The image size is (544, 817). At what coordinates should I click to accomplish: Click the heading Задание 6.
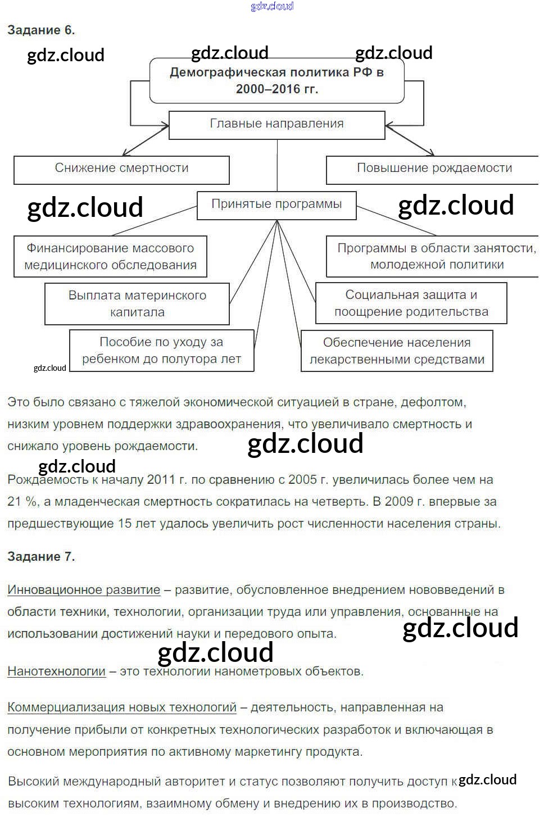click(41, 30)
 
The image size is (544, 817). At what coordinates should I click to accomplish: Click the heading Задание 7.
click(41, 556)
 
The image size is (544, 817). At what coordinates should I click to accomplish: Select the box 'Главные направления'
click(276, 124)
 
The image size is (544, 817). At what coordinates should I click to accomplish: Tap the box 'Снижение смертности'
click(121, 169)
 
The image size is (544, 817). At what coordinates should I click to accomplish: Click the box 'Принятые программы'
click(276, 205)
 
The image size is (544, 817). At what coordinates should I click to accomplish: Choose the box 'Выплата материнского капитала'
click(137, 303)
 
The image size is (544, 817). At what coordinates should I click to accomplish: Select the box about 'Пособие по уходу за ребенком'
click(161, 350)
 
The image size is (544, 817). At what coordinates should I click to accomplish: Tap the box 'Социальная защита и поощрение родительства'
click(411, 303)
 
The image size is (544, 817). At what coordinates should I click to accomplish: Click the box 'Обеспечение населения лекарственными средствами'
click(397, 351)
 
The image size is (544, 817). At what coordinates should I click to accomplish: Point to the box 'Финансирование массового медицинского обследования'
click(110, 256)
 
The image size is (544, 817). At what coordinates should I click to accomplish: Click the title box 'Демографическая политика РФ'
click(276, 80)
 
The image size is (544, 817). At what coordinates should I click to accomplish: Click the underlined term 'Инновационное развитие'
click(84, 590)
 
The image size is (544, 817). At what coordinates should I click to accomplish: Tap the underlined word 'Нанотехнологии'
click(56, 671)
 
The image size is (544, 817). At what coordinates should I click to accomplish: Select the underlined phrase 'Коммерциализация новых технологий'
click(122, 707)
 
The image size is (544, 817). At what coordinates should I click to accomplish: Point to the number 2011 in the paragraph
click(161, 480)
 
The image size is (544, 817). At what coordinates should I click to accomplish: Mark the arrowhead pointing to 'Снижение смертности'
click(125, 153)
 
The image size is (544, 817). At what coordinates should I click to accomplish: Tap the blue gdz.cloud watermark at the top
click(272, 6)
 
